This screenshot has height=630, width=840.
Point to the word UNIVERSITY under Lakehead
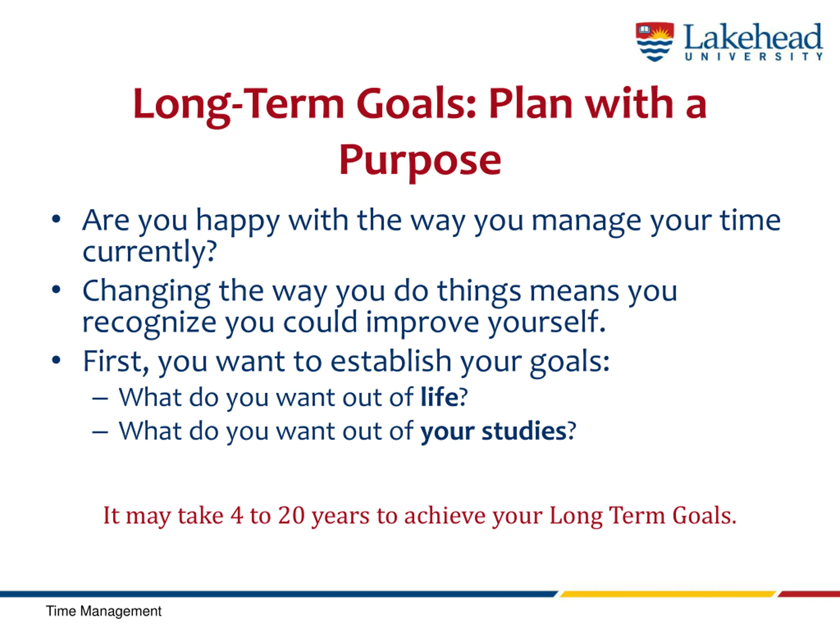(x=754, y=56)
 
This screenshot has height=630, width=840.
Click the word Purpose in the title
(x=420, y=161)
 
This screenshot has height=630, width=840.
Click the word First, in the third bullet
(x=116, y=362)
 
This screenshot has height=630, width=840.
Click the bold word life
(x=439, y=397)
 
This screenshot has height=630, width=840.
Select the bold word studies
(x=524, y=431)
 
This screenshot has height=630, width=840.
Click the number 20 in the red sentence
(x=291, y=516)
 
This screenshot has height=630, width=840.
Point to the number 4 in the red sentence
(x=237, y=516)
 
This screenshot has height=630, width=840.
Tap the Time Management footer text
(x=104, y=611)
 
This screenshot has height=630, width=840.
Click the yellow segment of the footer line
(x=668, y=594)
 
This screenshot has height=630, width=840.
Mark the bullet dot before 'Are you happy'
(x=56, y=220)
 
